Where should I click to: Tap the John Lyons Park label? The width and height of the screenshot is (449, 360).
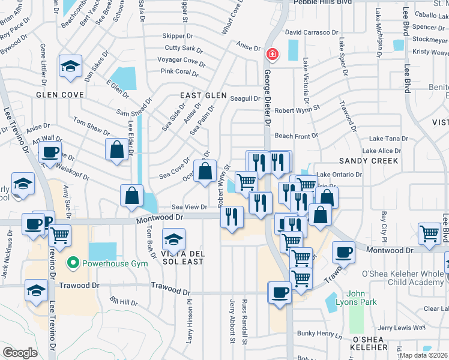(361, 298)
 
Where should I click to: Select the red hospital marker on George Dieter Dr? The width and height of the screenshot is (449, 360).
(272, 55)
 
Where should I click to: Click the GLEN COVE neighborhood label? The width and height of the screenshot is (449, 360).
(59, 95)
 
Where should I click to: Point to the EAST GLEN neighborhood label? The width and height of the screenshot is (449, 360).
(203, 95)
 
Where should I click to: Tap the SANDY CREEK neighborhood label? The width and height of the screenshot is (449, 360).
(369, 161)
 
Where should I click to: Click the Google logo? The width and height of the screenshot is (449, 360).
(20, 353)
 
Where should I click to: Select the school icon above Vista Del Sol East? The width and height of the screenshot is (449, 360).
(173, 241)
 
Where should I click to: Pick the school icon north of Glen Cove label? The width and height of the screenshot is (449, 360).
(70, 66)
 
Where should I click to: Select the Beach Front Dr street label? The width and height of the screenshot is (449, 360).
(296, 136)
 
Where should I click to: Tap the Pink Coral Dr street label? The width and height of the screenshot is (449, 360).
(179, 72)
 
